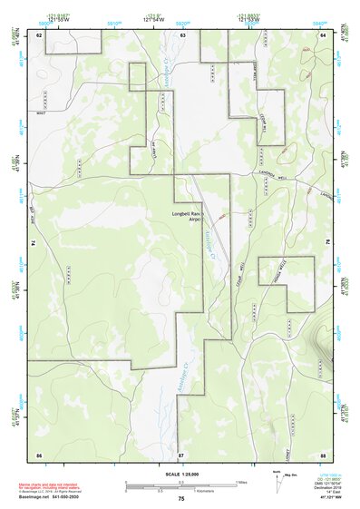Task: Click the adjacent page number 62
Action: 39,34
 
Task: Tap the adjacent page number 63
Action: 182,34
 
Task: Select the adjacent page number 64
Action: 324,34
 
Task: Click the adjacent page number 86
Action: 39,453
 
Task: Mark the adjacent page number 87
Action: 181,453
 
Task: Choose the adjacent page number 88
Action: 323,453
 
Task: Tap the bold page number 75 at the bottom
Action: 181,500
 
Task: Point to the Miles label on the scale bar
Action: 241,481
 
